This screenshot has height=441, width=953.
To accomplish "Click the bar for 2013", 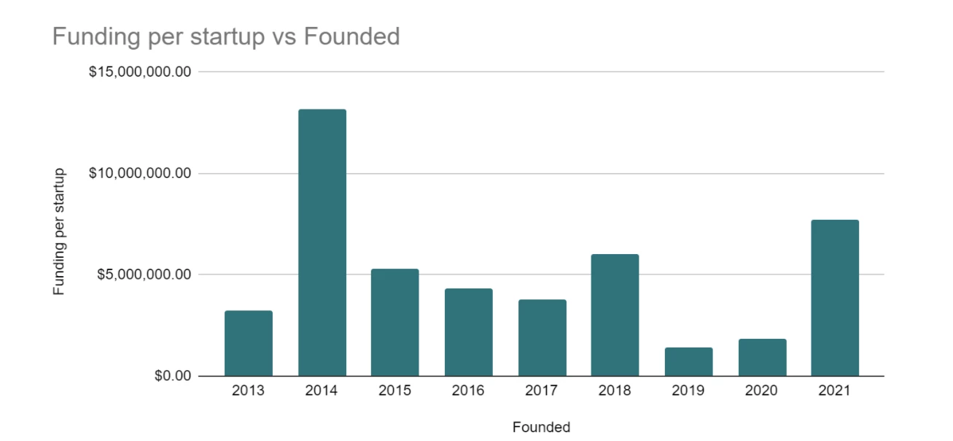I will (x=249, y=343).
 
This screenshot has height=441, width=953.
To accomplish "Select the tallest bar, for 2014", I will (x=322, y=242).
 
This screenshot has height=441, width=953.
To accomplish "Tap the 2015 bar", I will (x=395, y=322).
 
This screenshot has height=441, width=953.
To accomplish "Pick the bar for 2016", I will (x=469, y=332).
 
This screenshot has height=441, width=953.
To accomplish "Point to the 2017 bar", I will (x=542, y=337).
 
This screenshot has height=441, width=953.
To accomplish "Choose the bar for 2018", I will (x=615, y=315).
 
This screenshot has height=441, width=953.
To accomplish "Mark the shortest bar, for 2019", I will (x=688, y=361).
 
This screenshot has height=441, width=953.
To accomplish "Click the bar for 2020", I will (x=762, y=357).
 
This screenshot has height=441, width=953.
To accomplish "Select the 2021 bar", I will (x=835, y=298).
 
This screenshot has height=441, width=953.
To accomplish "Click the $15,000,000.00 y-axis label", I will (x=139, y=72).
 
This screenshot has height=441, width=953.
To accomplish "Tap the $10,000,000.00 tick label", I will (x=139, y=174).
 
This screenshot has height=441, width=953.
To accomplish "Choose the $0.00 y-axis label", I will (x=172, y=376).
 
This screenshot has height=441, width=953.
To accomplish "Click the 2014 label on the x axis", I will (x=322, y=391).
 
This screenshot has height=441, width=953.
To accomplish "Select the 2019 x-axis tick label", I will (x=688, y=391).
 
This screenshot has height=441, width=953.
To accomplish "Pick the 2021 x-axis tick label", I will (x=835, y=391).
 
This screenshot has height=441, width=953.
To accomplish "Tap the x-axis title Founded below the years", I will (x=541, y=427).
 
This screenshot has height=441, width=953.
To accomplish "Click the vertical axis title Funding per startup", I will (x=59, y=231).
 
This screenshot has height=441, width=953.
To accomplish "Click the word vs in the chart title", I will (x=285, y=37).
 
